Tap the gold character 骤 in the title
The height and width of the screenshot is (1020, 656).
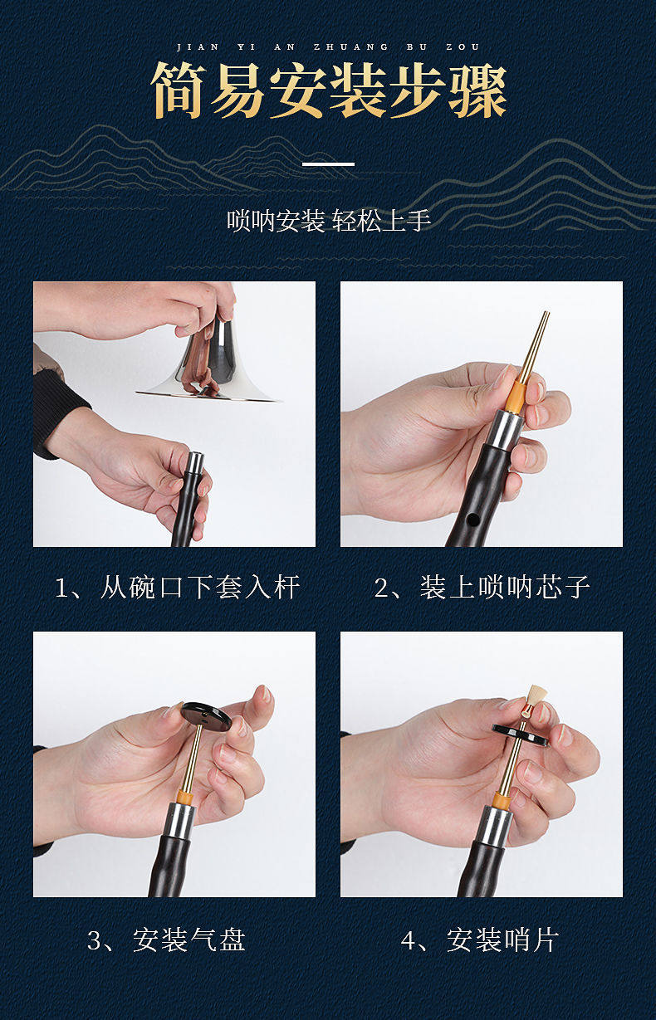coord(477,90)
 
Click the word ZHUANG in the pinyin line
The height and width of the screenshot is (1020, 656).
coord(351,47)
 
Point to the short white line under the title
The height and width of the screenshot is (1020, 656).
coord(329,164)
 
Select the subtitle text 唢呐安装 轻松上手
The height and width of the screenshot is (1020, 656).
coord(329,221)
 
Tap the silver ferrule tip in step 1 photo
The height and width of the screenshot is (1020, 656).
coord(195,462)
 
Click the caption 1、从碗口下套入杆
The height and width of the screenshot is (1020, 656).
coord(177,587)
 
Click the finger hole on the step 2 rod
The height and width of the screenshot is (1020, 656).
coord(474,519)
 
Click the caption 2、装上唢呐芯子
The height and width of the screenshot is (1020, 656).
coord(482,587)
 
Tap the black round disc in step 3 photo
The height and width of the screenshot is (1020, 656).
coord(207,717)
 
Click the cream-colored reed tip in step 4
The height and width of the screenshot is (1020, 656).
coord(537,695)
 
